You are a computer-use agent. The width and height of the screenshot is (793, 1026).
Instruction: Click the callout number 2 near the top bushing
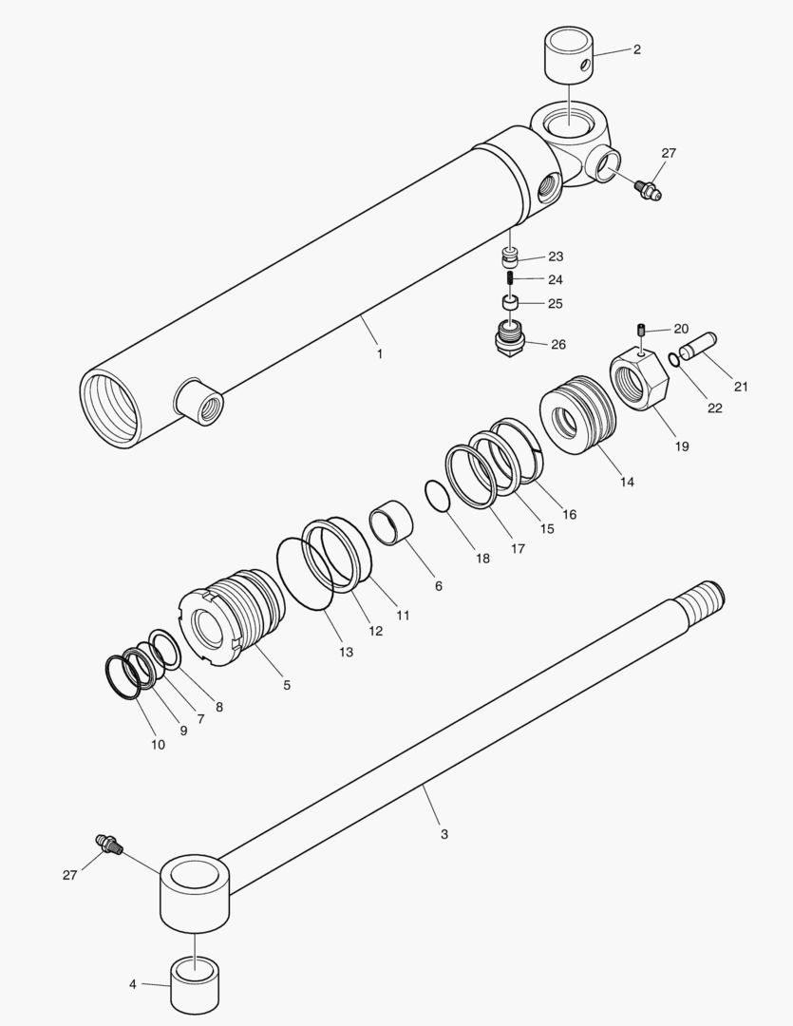636,49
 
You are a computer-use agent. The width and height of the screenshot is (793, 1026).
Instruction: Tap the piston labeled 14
579,414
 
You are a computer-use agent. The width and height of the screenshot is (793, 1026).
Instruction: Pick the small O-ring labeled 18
437,497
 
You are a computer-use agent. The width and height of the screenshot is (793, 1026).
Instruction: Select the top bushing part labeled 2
568,56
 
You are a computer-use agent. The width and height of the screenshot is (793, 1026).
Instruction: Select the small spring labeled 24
511,279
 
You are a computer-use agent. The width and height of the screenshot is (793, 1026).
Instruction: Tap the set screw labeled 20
642,330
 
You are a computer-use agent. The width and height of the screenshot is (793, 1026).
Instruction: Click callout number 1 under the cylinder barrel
380,353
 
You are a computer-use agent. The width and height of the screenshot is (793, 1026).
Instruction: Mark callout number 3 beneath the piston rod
444,834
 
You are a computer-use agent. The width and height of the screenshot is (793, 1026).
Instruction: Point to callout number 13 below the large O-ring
346,652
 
